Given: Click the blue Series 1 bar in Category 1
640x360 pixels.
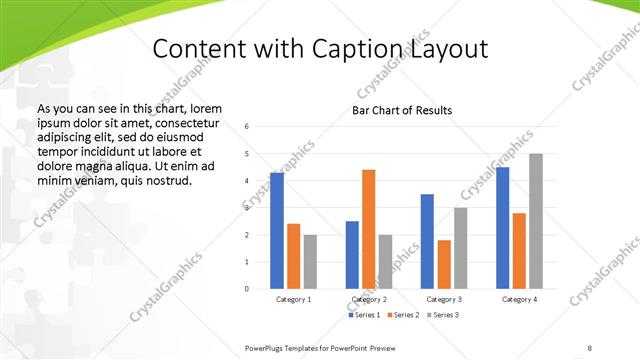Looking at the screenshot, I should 277,231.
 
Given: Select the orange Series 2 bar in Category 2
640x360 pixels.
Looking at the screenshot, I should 369,229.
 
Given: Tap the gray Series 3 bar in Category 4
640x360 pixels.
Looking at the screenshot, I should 536,221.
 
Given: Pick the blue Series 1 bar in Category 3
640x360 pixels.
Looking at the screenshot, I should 427,241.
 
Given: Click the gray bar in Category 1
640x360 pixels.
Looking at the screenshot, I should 310,261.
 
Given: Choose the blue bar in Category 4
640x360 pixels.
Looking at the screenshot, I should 503,228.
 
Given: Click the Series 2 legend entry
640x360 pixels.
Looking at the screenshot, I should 403,315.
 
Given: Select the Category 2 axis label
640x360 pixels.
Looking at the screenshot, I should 369,299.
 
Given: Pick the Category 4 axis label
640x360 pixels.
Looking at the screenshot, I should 519,299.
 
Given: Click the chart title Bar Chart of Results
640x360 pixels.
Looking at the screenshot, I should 402,110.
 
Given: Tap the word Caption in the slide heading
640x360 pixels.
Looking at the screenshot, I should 367,49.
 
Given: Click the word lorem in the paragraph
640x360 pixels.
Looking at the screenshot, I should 204,107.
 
